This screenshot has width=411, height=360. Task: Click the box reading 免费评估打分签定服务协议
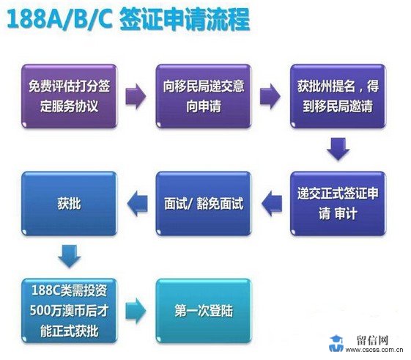70,96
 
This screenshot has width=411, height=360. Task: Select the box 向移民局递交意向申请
204,96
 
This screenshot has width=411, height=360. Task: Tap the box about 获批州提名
338,96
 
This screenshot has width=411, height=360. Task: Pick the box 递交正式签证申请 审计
338,204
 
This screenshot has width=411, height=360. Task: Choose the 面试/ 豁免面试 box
204,204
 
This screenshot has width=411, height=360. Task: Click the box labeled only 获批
70,204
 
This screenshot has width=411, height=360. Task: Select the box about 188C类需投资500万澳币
70,311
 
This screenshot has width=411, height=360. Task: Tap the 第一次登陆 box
204,311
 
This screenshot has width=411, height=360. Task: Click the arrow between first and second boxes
136,96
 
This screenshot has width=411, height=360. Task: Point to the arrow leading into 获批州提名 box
270,96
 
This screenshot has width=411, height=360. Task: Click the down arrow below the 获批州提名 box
338,149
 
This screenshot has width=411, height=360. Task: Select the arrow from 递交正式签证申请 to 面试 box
272,204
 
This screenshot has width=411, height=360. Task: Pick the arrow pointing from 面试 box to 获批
137,204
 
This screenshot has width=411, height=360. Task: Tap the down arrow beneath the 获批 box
70,256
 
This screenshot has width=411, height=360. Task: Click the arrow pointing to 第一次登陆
136,311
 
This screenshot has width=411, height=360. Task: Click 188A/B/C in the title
60,19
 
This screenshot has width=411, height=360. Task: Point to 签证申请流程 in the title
185,19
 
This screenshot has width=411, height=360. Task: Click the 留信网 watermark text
372,340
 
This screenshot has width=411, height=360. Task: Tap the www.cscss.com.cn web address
374,350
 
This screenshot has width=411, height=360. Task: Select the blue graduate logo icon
336,343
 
